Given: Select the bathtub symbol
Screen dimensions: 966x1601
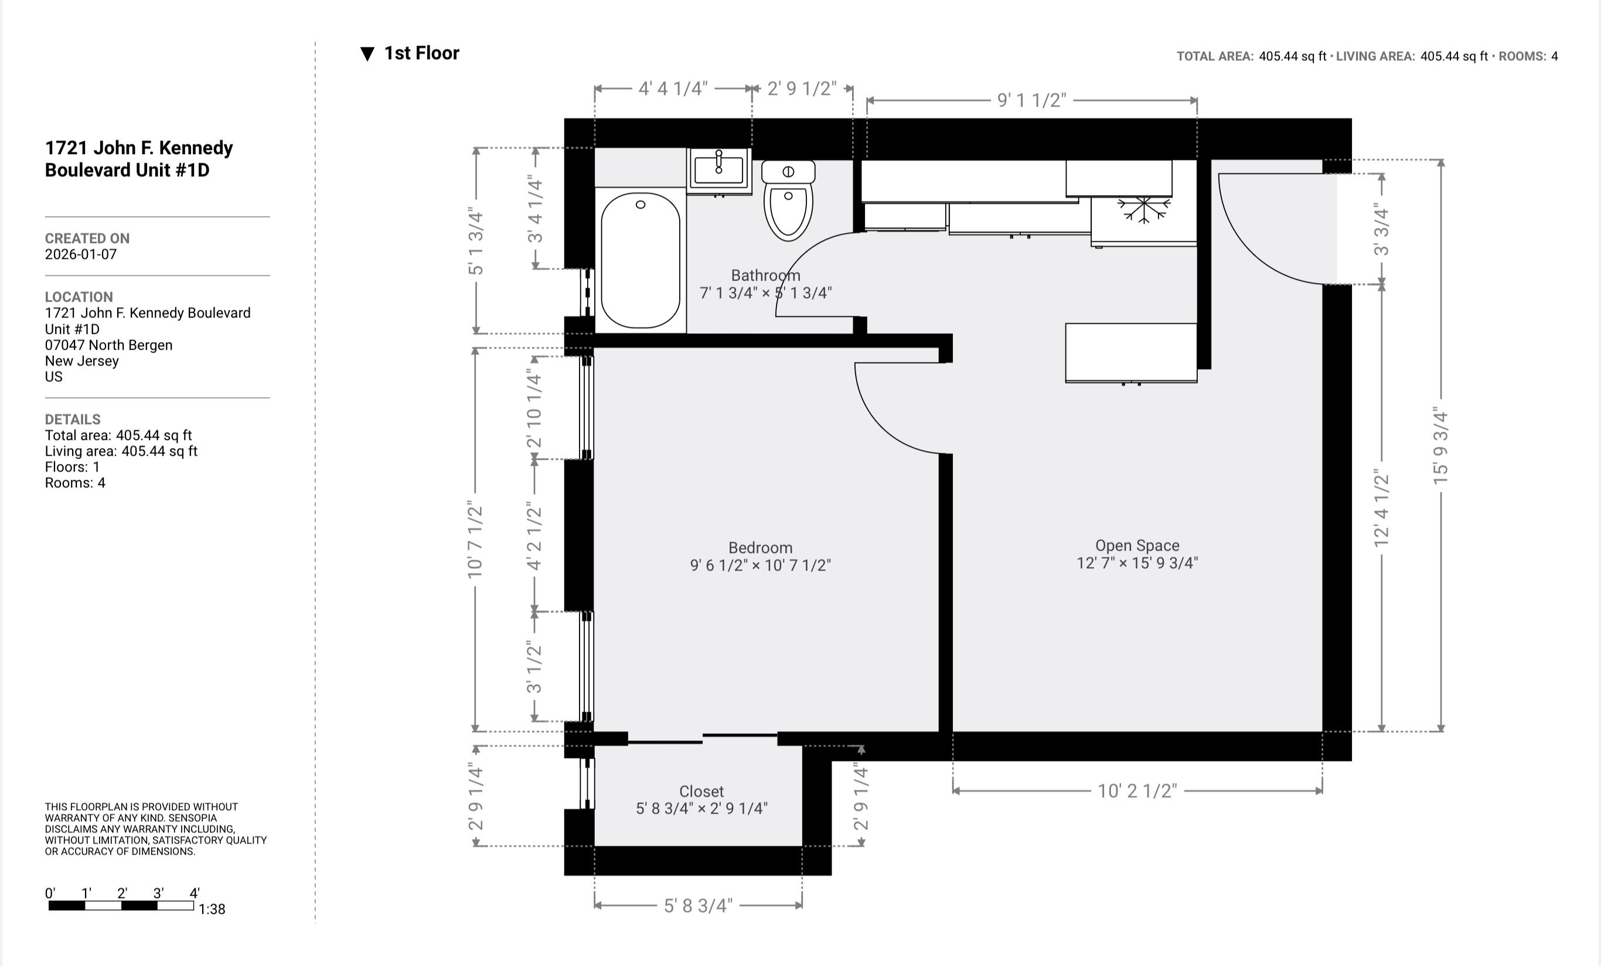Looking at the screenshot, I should (x=640, y=260).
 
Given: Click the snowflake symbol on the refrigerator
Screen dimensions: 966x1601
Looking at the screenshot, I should (x=1143, y=209).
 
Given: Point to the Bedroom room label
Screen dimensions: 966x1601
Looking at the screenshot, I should (x=760, y=548).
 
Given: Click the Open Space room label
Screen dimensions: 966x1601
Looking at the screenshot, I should (x=1137, y=546).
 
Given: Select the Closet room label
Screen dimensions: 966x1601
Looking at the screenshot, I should (x=701, y=791).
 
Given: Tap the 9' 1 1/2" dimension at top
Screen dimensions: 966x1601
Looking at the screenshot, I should (x=1032, y=100).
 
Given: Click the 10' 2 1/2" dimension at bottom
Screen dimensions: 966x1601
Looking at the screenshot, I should (x=1137, y=791).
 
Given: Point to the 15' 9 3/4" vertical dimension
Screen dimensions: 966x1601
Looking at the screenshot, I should (x=1440, y=446).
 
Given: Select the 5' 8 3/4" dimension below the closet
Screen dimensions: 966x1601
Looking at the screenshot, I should (x=698, y=906).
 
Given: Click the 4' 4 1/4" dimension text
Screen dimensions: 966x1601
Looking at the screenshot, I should (x=673, y=88).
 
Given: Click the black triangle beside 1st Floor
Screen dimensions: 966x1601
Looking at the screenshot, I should (x=367, y=54).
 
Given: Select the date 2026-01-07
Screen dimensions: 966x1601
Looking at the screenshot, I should (x=80, y=255).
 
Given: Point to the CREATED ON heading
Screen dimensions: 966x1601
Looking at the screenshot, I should (x=87, y=238).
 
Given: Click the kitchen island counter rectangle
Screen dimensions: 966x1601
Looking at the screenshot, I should (x=1130, y=352).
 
